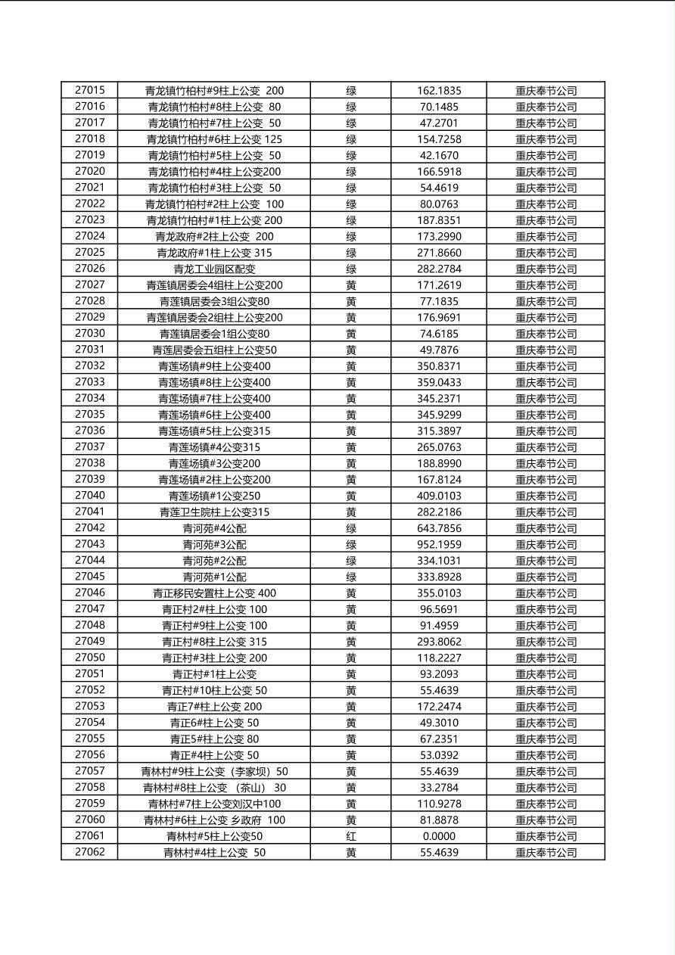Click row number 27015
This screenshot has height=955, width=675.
tap(90, 90)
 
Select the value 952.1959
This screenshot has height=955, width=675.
tap(439, 544)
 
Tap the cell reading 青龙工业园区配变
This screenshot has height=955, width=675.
tap(214, 269)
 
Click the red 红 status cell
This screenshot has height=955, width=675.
tap(351, 836)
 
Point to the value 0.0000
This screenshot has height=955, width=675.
tap(439, 836)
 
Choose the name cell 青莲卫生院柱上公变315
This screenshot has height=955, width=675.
tap(214, 512)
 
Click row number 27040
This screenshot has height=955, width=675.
tap(90, 496)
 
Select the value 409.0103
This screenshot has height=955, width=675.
tap(439, 496)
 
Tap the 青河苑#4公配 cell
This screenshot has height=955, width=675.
tap(214, 528)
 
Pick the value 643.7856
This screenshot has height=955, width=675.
tap(439, 528)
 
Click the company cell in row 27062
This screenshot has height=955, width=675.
tap(546, 852)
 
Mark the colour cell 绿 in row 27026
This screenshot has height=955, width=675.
tap(351, 269)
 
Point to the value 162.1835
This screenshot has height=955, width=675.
tap(439, 90)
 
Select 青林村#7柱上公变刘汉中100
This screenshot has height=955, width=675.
tap(214, 804)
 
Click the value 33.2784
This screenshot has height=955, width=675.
tap(439, 788)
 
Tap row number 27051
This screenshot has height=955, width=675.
tap(90, 674)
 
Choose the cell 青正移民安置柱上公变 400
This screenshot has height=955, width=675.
tap(214, 593)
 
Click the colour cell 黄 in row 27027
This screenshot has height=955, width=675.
tap(351, 285)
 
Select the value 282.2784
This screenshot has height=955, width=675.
tap(439, 269)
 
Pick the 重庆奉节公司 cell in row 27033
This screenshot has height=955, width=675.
tap(546, 382)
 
